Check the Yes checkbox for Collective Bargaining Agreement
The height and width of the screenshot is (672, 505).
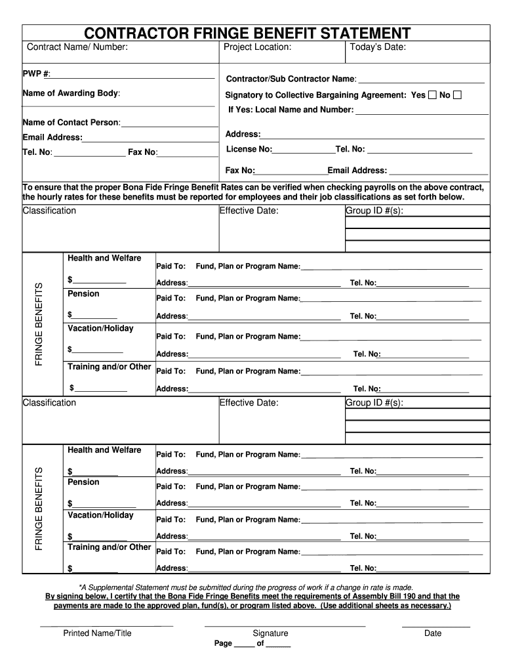432,95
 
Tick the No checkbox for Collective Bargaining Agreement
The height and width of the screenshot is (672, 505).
458,95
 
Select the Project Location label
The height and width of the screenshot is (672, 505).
257,47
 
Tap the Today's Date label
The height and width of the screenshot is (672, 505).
378,47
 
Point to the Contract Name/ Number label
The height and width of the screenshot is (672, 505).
77,47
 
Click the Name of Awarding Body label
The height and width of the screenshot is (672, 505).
71,93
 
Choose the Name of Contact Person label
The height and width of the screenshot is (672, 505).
71,123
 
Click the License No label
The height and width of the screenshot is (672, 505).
249,149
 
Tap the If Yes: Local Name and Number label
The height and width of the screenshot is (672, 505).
291,110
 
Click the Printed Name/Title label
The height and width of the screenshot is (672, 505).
97,633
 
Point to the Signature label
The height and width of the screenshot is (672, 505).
270,633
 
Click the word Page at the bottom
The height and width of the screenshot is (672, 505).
223,644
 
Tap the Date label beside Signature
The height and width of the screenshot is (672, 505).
433,633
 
